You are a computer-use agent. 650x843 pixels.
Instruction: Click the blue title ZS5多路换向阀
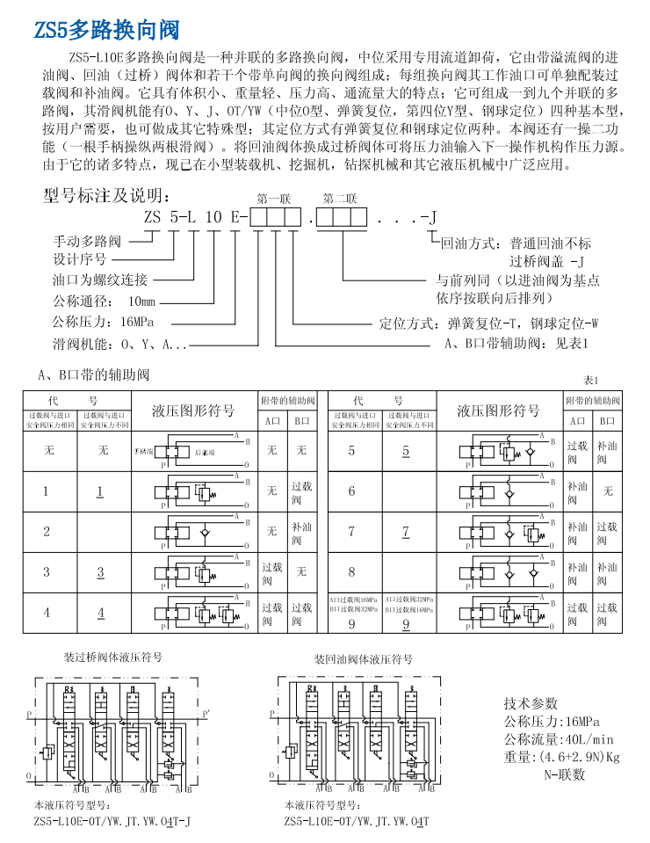coord(106,32)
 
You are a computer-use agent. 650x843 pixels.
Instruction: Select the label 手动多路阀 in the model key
coord(87,240)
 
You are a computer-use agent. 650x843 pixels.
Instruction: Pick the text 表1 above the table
coord(590,380)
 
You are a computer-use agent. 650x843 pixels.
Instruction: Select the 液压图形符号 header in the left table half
coord(193,411)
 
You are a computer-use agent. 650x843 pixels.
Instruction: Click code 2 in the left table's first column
coord(47,531)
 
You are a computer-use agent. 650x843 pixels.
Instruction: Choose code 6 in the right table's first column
coord(351,491)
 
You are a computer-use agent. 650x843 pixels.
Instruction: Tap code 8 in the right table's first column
coord(351,572)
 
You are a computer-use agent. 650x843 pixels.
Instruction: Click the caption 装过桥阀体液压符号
coord(113,657)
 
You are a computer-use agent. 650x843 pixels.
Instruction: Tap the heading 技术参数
coord(531,703)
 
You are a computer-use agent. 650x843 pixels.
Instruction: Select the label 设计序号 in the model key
coord(80,259)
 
